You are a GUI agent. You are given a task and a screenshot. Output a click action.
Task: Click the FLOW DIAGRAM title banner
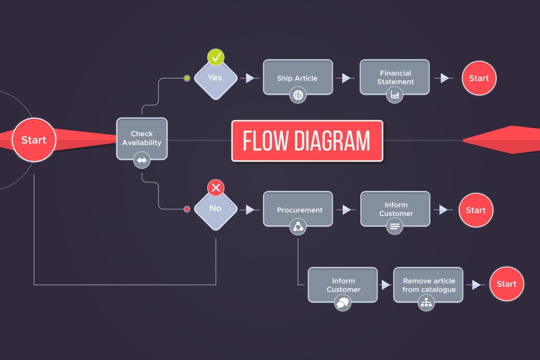pyautogui.click(x=307, y=141)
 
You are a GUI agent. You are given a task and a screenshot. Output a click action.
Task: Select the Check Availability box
pyautogui.click(x=142, y=138)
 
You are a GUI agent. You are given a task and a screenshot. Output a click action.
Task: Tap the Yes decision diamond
pyautogui.click(x=215, y=78)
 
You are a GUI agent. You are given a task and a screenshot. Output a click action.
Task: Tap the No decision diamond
pyautogui.click(x=215, y=208)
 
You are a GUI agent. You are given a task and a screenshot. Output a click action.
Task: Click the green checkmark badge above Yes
pyautogui.click(x=215, y=57)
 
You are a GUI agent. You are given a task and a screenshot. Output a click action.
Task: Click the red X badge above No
pyautogui.click(x=215, y=188)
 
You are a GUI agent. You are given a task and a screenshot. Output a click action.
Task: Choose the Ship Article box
pyautogui.click(x=297, y=77)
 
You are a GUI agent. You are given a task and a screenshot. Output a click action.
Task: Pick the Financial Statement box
pyautogui.click(x=395, y=77)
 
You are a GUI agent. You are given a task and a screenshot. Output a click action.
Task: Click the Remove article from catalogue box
pyautogui.click(x=428, y=285)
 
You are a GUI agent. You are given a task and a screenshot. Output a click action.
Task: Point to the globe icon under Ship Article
pyautogui.click(x=298, y=95)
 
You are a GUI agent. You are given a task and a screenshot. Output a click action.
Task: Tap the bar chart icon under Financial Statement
pyautogui.click(x=394, y=95)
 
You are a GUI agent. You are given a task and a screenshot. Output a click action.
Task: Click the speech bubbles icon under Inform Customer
pyautogui.click(x=343, y=303)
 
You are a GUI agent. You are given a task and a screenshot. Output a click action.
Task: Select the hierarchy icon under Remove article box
pyautogui.click(x=426, y=303)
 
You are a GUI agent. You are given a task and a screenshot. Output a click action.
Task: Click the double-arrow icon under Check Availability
pyautogui.click(x=142, y=160)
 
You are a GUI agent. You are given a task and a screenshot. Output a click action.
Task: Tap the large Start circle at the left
pyautogui.click(x=34, y=140)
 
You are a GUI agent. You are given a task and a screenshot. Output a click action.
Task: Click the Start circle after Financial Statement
pyautogui.click(x=479, y=78)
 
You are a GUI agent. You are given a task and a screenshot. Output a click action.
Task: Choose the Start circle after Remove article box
pyautogui.click(x=506, y=284)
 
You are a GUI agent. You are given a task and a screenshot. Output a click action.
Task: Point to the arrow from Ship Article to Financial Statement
pyautogui.click(x=346, y=78)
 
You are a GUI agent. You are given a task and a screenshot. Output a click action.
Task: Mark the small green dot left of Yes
pyautogui.click(x=187, y=78)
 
